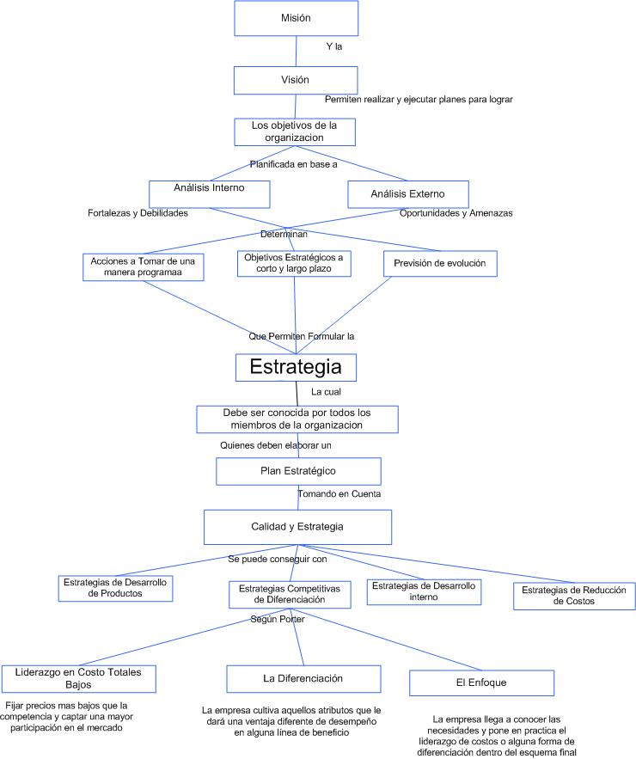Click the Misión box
point(297,18)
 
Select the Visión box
point(296,80)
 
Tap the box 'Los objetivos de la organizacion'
point(295,132)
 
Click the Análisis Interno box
point(210,194)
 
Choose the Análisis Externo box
point(408,194)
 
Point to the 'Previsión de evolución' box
point(440,264)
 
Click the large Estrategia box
point(296,367)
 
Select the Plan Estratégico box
point(298,471)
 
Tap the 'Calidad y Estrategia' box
point(297,527)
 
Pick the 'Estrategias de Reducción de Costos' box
point(574,596)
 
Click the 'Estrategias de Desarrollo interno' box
point(424,591)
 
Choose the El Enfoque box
point(481,683)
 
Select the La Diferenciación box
point(303,679)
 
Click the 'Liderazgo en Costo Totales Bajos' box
point(79,679)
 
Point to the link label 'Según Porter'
point(278,619)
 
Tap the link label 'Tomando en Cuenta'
point(339,493)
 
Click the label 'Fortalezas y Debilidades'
point(138,213)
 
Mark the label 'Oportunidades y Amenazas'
point(456,213)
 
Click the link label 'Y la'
point(334,46)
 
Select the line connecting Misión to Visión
point(297,52)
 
